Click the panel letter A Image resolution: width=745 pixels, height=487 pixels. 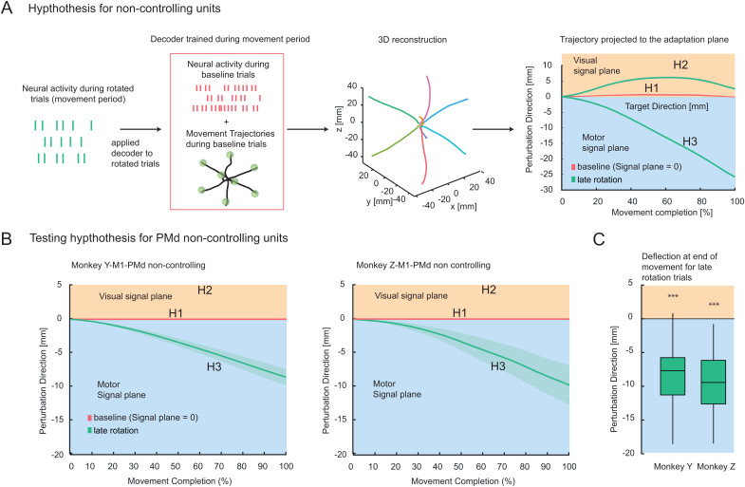tap(7, 9)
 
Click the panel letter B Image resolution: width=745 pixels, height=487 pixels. tap(7, 238)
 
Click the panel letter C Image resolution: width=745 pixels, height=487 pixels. tap(599, 238)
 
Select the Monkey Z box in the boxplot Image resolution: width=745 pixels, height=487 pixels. tap(713, 382)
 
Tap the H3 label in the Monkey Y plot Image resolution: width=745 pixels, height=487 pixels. tap(214, 366)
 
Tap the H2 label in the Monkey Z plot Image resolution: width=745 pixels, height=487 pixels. tap(489, 290)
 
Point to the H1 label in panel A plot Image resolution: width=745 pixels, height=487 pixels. tap(651, 88)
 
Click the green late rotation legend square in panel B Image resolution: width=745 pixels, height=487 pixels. tap(89, 430)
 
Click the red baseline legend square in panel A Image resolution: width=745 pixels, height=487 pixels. tap(573, 167)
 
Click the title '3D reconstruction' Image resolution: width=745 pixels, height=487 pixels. tap(413, 40)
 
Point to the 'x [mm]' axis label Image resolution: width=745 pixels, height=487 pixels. tap(463, 206)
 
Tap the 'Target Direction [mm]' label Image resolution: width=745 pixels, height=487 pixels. tap(666, 106)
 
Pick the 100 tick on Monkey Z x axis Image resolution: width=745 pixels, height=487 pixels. tap(568, 466)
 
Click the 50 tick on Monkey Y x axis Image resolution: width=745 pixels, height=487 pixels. tap(176, 466)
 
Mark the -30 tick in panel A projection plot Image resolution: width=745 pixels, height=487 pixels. tap(548, 189)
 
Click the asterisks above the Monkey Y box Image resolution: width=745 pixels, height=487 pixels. tap(673, 296)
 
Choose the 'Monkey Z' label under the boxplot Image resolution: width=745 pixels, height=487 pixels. tap(716, 466)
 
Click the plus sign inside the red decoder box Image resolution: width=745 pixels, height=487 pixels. tap(226, 122)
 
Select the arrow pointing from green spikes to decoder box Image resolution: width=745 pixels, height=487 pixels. tap(140, 129)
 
